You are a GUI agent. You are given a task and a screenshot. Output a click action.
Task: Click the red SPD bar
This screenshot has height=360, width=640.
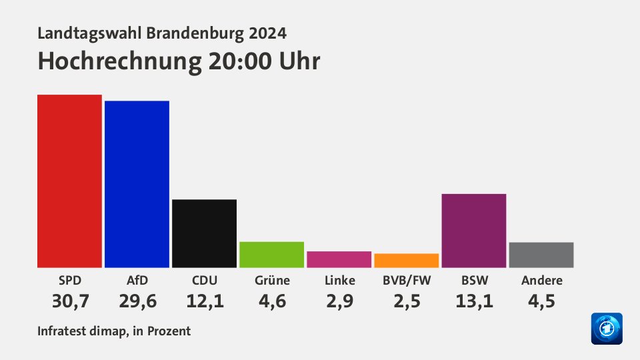click(x=69, y=181)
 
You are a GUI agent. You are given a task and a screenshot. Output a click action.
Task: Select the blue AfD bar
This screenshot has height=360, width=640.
click(x=137, y=184)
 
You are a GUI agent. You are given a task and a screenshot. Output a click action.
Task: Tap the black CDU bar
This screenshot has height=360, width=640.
click(x=204, y=233)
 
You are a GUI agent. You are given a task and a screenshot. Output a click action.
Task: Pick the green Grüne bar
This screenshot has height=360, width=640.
click(x=271, y=254)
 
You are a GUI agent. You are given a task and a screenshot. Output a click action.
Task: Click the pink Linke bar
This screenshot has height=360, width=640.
click(x=339, y=259)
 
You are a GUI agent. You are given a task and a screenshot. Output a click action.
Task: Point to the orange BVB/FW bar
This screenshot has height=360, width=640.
click(x=406, y=260)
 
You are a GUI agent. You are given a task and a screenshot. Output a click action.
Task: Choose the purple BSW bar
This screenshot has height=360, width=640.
click(x=473, y=231)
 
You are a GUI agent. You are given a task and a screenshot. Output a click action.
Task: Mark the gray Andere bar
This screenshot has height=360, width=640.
click(x=541, y=255)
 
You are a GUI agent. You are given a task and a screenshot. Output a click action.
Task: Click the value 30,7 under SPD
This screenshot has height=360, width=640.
click(x=70, y=301)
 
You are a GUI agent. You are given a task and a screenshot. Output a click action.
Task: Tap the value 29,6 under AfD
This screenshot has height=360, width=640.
click(x=137, y=301)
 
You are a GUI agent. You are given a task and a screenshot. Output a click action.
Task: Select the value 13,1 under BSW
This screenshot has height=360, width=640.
click(x=474, y=301)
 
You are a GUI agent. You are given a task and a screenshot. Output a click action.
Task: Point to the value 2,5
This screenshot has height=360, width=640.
click(x=407, y=301)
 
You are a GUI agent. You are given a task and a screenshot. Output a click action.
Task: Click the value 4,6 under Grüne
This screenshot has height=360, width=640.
click(x=272, y=301)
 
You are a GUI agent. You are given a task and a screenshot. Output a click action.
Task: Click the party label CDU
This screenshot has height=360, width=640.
click(x=204, y=280)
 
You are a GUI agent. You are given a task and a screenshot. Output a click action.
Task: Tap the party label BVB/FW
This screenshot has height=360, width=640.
click(x=406, y=280)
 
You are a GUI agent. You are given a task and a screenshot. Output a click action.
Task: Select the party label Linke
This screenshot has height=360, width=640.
click(x=339, y=280)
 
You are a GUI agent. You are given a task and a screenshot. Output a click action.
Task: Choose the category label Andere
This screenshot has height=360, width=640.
click(x=541, y=280)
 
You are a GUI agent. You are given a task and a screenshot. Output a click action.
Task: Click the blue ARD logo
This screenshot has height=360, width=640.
click(x=606, y=329)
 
